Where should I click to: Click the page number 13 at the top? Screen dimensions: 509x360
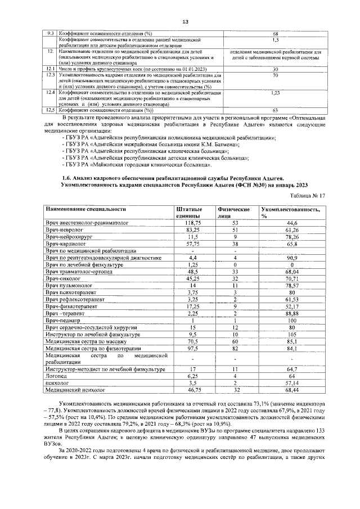click(x=184, y=22)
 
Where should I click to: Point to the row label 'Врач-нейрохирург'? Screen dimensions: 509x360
click(x=68, y=237)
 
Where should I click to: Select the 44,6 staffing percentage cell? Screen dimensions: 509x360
click(x=291, y=223)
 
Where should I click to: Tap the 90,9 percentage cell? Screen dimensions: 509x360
click(x=291, y=258)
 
